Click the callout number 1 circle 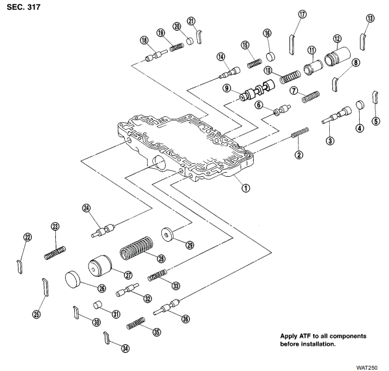click(x=246, y=188)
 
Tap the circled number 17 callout click(x=302, y=14)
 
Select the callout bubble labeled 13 click(x=370, y=18)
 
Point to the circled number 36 click(x=185, y=319)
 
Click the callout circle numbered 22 click(x=27, y=237)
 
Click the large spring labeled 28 click(x=136, y=248)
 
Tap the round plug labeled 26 click(x=74, y=279)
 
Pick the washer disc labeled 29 click(x=167, y=234)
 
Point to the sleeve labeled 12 click(x=338, y=57)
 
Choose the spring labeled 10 click(x=290, y=77)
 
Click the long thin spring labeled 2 click(x=300, y=133)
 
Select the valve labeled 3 click(x=336, y=115)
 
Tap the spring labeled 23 click(x=55, y=253)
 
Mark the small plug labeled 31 click(x=98, y=305)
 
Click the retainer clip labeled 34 click(x=106, y=338)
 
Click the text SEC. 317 click(x=23, y=7)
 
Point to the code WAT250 click(x=367, y=368)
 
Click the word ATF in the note click(x=305, y=337)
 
